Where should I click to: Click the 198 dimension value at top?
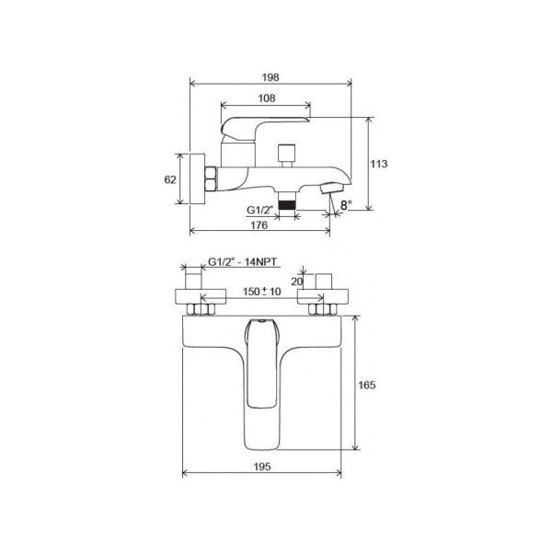(x=270, y=77)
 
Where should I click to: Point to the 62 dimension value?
(x=169, y=179)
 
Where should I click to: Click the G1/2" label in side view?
(x=260, y=211)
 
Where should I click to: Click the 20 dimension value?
(x=296, y=282)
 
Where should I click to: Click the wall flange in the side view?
(x=194, y=178)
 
